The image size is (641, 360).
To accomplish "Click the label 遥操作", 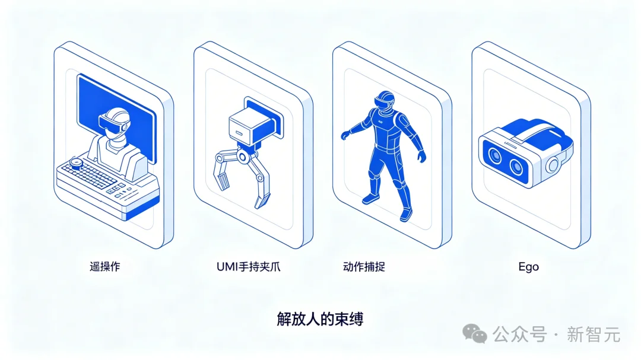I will (x=104, y=267).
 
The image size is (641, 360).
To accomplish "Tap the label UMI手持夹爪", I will (x=249, y=267).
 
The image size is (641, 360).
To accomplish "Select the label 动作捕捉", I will (x=364, y=267).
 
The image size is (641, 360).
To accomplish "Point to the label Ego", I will (x=528, y=267).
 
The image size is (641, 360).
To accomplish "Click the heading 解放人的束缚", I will (x=320, y=318).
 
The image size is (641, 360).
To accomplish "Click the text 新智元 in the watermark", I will (x=594, y=334).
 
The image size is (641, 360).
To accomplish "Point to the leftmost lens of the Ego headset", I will (x=495, y=154).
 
